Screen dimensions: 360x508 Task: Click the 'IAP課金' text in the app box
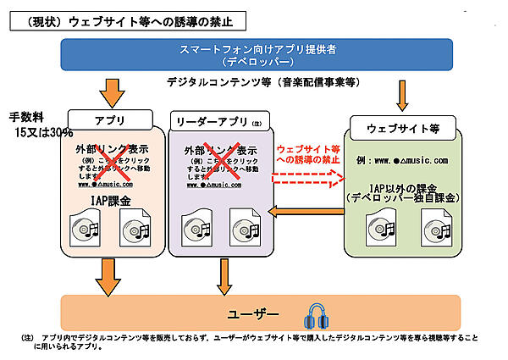click(112, 200)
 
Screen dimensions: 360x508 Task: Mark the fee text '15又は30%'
click(43, 133)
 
